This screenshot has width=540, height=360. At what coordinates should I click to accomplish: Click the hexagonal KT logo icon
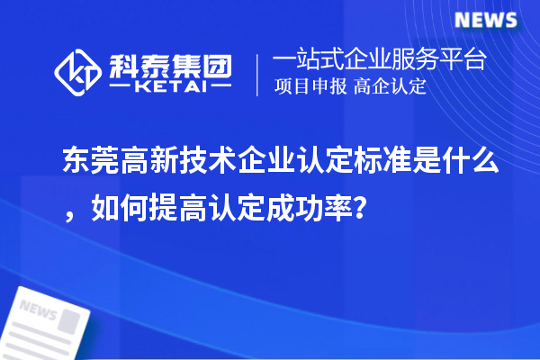tap(79, 71)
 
